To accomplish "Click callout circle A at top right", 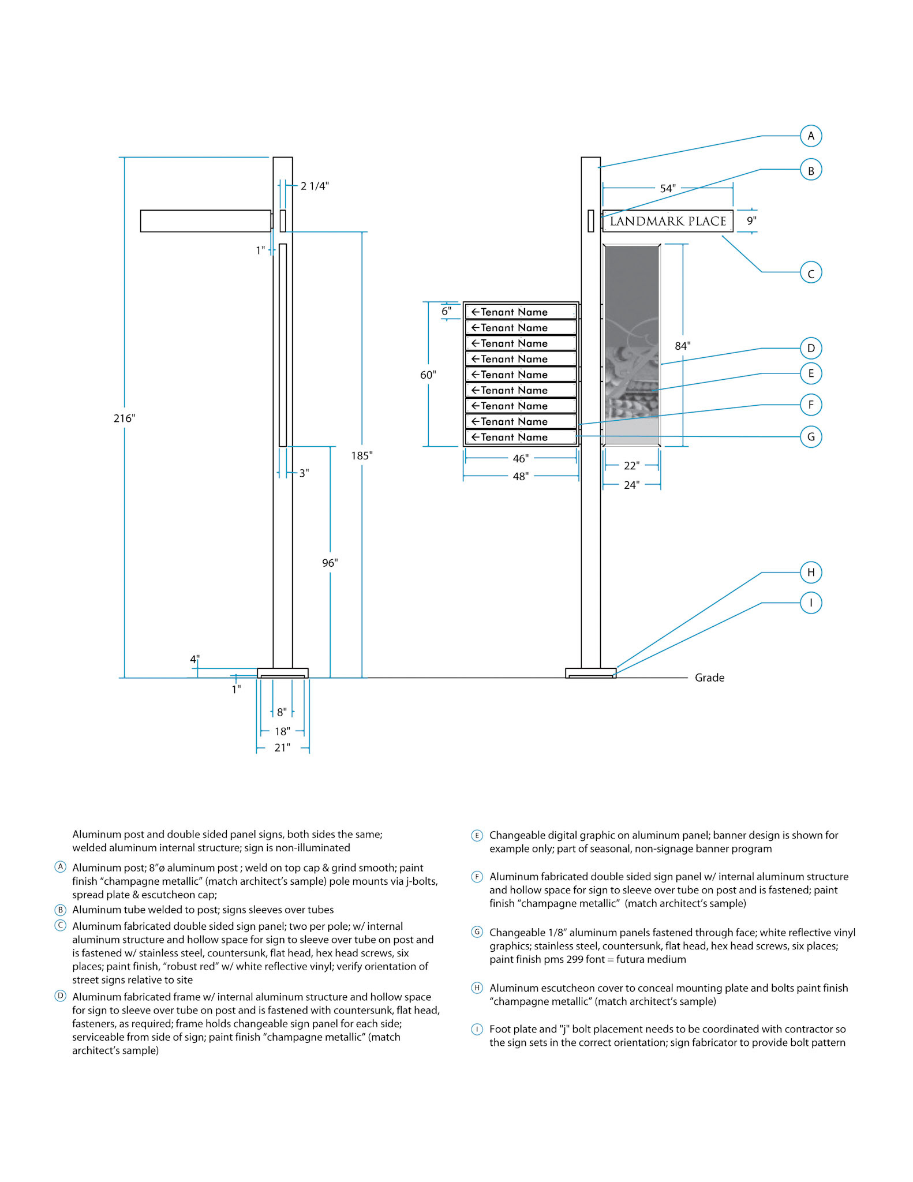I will point(810,136).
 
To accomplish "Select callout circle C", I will point(810,273).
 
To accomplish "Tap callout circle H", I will point(810,572).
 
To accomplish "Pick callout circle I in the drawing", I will point(810,603).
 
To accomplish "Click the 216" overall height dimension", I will point(124,418).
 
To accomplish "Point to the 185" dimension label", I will point(362,455).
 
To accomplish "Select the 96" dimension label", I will point(330,563).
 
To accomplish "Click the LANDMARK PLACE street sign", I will point(668,221).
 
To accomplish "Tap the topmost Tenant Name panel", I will point(521,312).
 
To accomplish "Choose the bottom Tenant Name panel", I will point(521,437).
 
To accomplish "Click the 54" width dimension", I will point(668,188).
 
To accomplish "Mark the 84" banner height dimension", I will point(682,346).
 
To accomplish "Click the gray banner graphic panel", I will point(631,345).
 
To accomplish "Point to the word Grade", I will point(709,678).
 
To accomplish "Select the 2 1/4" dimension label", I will point(315,186).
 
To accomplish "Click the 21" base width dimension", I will point(282,747).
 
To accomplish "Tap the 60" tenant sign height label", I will point(428,375).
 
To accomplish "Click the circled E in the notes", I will point(477,835).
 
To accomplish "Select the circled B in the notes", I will point(60,910).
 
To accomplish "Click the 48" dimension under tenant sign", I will point(521,476).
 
